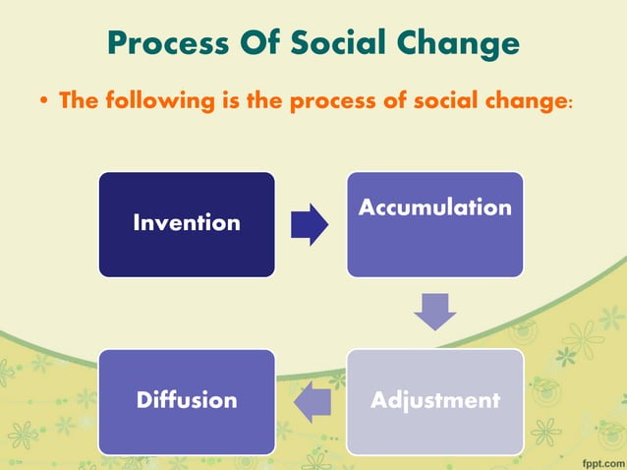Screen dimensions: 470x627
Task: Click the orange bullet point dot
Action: (x=46, y=101)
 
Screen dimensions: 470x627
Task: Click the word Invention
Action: (x=187, y=223)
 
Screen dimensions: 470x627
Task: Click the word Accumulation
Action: (x=434, y=207)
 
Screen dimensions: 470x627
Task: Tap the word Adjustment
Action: (x=434, y=401)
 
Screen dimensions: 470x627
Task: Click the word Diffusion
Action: (x=187, y=401)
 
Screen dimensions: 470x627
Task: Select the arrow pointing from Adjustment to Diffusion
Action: (x=312, y=401)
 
